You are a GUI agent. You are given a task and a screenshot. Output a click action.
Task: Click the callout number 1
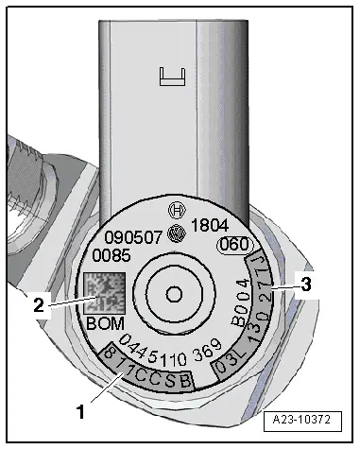coord(81,412)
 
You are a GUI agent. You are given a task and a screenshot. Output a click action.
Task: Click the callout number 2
coord(39,305)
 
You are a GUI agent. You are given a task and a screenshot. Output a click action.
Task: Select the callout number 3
coord(305,285)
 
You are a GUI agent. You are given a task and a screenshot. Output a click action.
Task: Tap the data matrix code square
coord(104,294)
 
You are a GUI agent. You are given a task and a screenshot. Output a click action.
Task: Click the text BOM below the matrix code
coord(105,323)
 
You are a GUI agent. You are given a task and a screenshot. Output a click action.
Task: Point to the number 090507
coord(133,238)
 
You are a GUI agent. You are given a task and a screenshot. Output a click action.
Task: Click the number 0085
coord(111,255)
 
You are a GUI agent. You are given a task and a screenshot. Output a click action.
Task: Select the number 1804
coord(210,226)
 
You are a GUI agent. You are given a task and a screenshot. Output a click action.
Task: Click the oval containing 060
coord(234,245)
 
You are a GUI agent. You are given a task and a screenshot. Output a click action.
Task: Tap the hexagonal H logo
coord(177,210)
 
